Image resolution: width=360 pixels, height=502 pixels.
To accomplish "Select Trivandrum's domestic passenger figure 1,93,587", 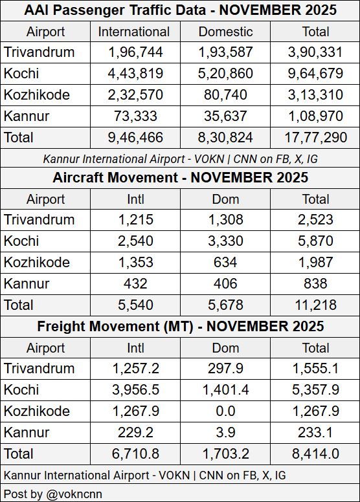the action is coord(225,52).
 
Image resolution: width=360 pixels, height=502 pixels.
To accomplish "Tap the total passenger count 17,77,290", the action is coord(315,137).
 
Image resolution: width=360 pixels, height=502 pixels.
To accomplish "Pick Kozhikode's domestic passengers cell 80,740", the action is coord(225,95).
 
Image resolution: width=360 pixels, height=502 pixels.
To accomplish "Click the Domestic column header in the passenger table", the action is coord(225,32).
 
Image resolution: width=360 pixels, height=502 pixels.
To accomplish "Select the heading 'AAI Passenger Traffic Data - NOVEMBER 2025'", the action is coord(180,10).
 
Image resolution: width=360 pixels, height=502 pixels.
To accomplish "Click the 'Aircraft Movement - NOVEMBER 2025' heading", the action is coord(180,177).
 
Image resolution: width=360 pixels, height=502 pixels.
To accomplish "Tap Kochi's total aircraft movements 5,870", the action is coord(315,241).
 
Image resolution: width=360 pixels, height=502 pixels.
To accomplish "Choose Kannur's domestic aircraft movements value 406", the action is coord(225,283).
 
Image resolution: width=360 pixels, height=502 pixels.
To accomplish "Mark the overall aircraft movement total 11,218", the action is coord(315,304).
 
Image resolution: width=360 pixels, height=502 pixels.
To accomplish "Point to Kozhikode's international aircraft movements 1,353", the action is coord(135,262).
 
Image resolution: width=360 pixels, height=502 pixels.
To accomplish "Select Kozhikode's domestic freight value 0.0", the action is coord(225,411).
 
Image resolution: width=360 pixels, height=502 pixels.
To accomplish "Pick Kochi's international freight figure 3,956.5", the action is coord(135,389).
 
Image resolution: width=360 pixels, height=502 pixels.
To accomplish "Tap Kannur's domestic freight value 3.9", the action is coord(225,432).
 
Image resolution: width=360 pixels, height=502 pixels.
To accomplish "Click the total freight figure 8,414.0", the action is coord(315,453).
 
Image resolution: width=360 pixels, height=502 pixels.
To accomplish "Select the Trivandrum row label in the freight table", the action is coord(39,368).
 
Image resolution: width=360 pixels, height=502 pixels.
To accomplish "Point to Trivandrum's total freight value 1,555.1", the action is coord(315,368).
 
